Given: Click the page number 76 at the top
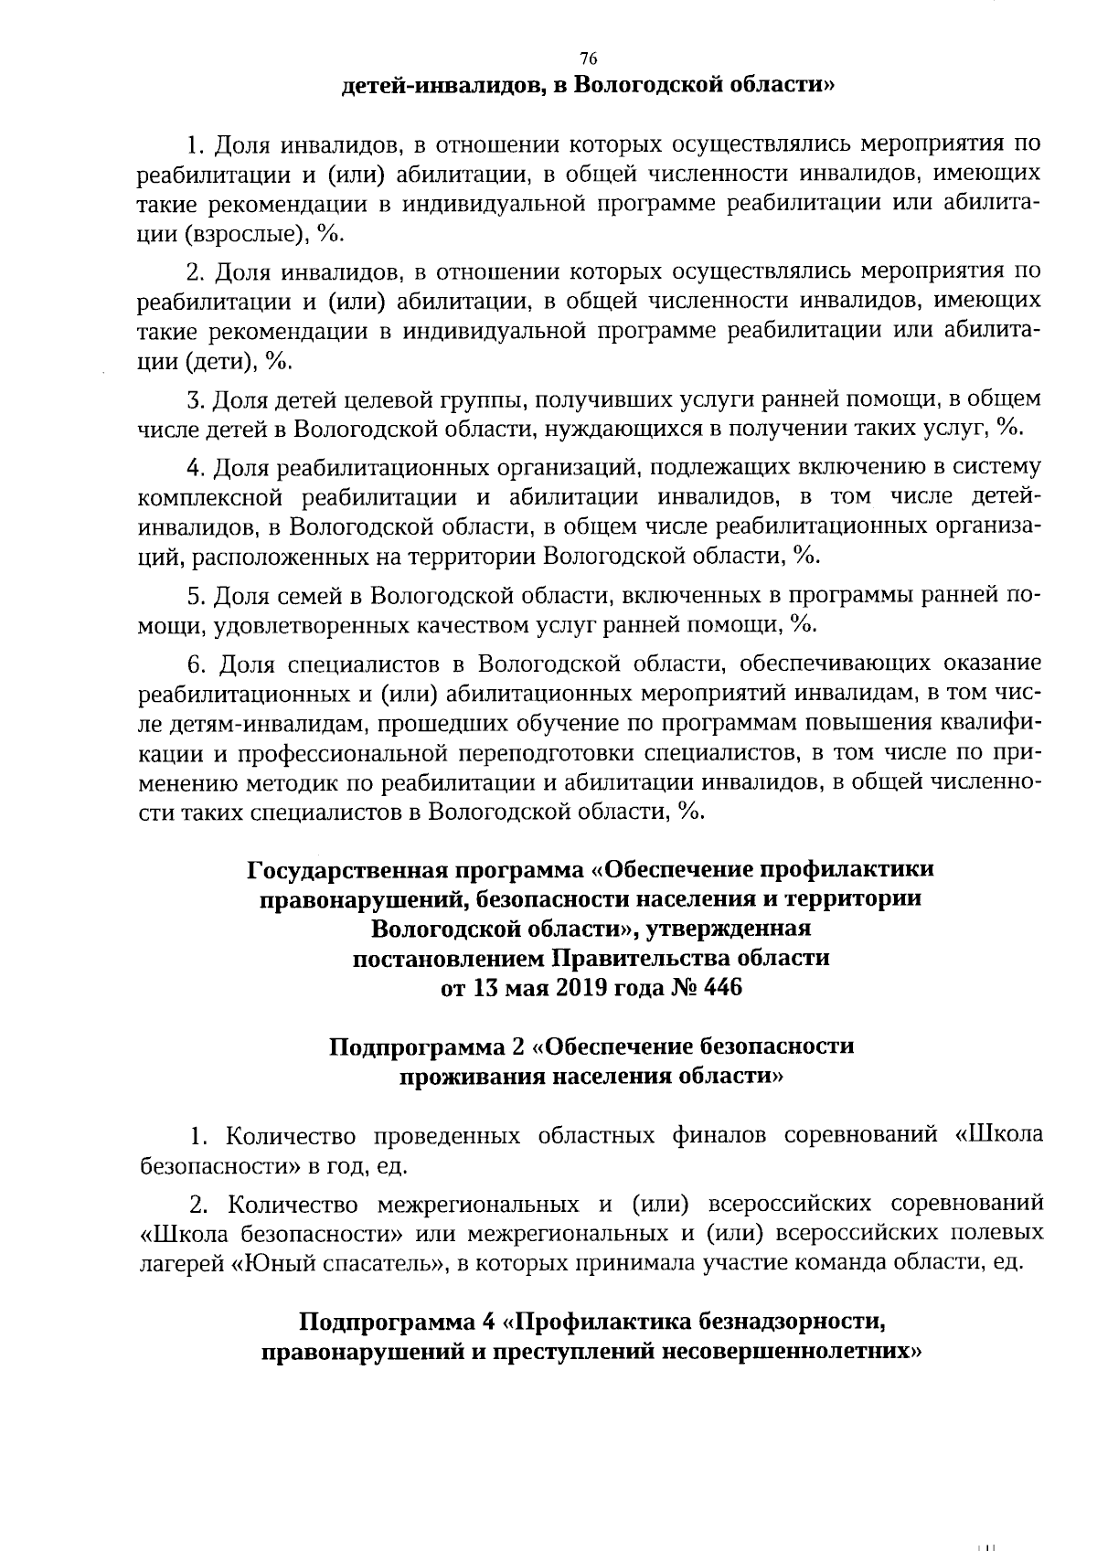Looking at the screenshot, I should point(589,58).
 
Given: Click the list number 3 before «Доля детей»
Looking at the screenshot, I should point(194,399).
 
